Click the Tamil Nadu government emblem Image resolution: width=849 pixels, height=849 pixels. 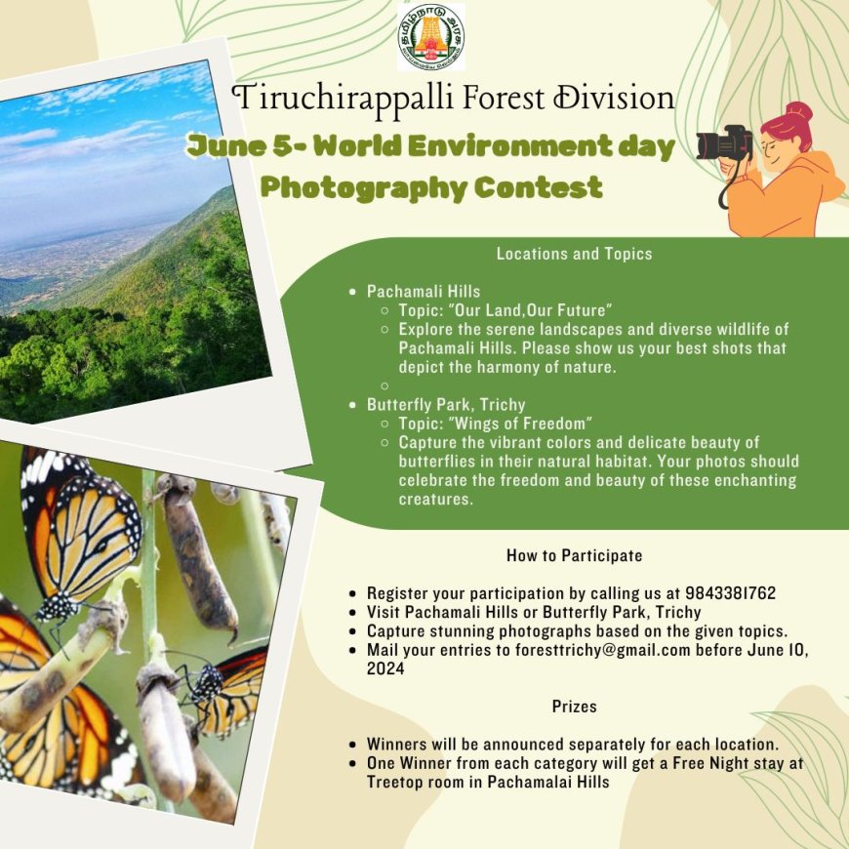431,37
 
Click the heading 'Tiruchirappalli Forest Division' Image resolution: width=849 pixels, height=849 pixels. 453,99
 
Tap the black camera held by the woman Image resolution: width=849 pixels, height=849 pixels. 724,144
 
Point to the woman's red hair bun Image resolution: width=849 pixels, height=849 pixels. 798,112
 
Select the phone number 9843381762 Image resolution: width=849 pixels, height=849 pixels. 730,593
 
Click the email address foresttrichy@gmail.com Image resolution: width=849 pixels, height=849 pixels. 603,650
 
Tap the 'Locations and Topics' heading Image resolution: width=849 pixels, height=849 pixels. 575,254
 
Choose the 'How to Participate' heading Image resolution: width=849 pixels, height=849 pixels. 575,555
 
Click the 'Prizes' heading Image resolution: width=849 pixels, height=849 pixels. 575,707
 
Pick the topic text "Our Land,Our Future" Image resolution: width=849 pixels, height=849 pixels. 530,310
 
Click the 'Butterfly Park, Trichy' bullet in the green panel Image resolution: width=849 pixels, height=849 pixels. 446,405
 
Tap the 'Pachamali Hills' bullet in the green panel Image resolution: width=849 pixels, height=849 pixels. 424,292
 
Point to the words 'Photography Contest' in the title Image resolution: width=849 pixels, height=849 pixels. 431,187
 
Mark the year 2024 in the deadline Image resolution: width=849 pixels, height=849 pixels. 385,668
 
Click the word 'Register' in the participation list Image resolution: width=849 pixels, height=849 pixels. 398,593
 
